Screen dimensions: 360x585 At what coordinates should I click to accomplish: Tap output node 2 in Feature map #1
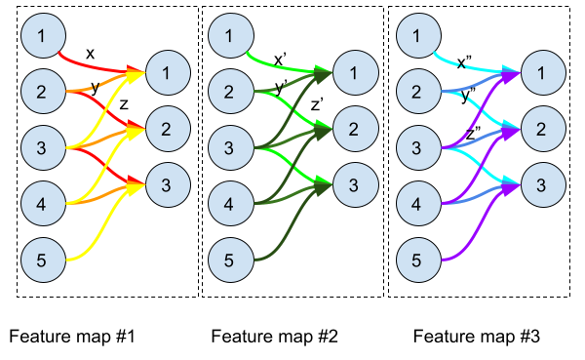[x=167, y=127]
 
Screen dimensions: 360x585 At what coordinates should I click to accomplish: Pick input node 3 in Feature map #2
[x=227, y=149]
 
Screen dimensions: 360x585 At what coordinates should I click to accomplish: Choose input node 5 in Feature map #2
[x=227, y=260]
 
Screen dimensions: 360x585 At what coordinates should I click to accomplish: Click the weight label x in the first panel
[x=91, y=54]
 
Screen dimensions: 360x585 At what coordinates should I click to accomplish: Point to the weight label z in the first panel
[x=124, y=104]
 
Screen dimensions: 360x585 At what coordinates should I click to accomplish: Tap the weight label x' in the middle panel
[x=280, y=59]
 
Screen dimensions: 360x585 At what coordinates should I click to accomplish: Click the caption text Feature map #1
[x=70, y=338]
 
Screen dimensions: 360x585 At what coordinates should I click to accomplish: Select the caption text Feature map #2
[x=274, y=338]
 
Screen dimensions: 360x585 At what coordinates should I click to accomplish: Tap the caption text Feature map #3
[x=475, y=338]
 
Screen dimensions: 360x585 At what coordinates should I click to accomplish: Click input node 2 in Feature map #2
[x=227, y=93]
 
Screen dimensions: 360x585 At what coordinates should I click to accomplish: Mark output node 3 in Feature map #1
[x=167, y=182]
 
